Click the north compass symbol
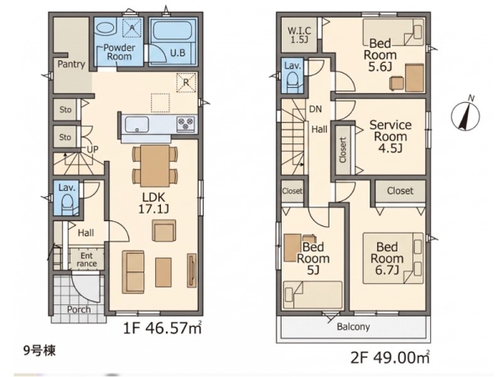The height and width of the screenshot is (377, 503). pos(465,115)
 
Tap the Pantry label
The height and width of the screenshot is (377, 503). pos(71,65)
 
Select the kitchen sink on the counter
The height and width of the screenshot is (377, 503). pos(137,124)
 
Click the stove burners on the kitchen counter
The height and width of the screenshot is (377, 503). pos(186,124)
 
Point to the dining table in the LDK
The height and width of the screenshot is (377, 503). pos(155,165)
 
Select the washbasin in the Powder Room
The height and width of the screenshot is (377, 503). pos(106,28)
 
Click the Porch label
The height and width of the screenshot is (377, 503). pos(79,309)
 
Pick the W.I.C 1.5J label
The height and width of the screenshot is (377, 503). pos(299,35)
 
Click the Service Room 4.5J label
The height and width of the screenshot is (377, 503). pos(391,137)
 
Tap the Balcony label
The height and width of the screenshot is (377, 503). pos(353,327)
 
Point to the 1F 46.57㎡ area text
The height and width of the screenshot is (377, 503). pos(163,328)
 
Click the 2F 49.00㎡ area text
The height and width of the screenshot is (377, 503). pos(390,358)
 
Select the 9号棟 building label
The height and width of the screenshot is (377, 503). pos(39,351)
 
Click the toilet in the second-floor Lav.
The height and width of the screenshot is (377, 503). pos(293,82)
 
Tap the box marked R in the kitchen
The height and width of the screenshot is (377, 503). pos(186,82)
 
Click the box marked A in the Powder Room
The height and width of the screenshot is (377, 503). pos(132,28)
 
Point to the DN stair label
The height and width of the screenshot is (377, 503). pos(315,109)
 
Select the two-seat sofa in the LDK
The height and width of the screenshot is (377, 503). pos(133,272)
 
